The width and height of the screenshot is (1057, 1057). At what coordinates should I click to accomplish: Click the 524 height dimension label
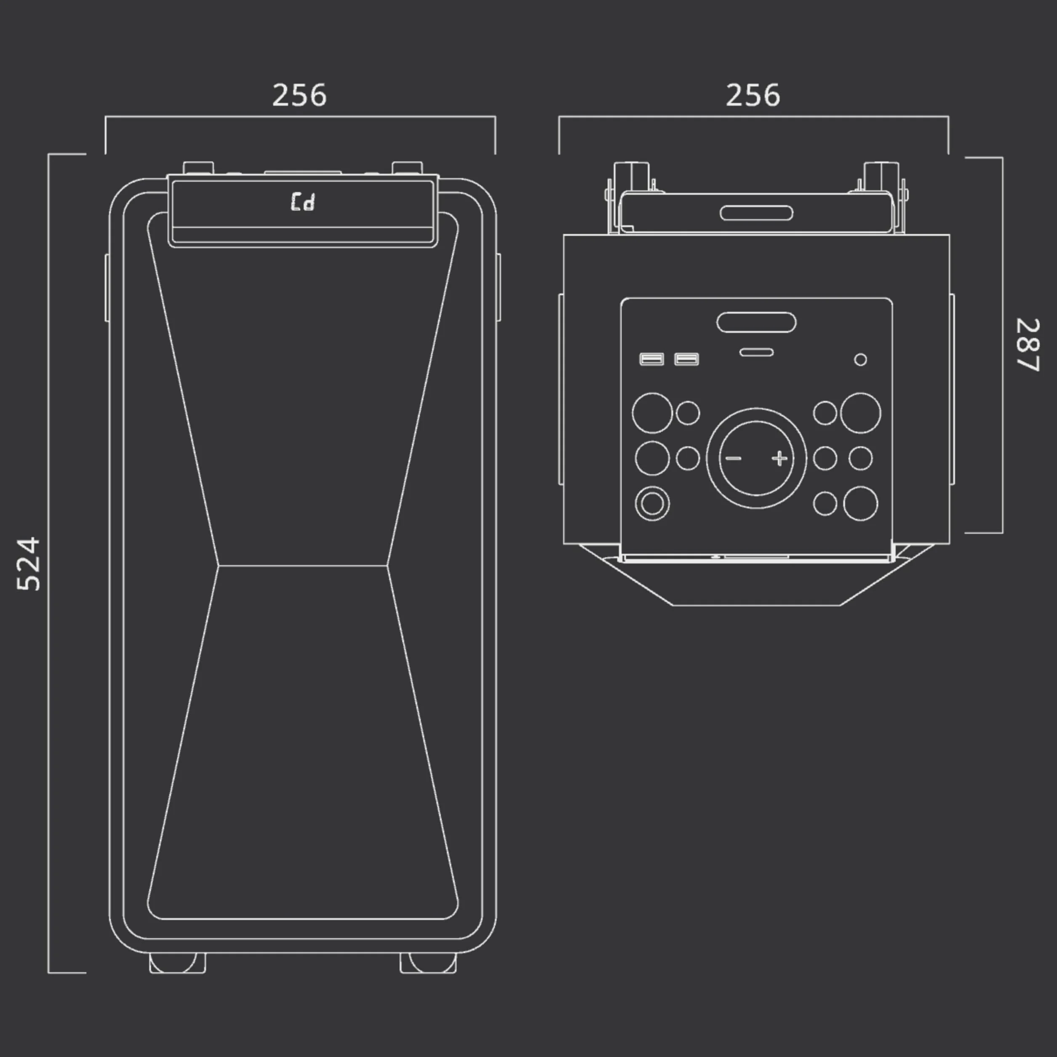(x=29, y=564)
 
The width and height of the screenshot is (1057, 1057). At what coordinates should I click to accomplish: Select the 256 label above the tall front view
(x=299, y=95)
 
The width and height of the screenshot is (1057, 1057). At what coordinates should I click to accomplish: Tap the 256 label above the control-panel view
(x=753, y=95)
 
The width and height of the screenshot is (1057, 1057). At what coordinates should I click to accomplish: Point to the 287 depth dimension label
(x=1028, y=345)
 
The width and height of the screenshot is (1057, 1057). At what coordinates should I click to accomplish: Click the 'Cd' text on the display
(x=302, y=201)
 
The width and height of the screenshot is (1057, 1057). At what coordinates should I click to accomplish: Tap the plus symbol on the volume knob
(x=779, y=458)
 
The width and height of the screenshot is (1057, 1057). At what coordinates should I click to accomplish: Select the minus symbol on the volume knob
(x=733, y=458)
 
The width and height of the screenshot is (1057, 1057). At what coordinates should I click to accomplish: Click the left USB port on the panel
(x=651, y=359)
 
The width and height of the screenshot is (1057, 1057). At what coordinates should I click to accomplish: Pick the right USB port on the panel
(x=686, y=359)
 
